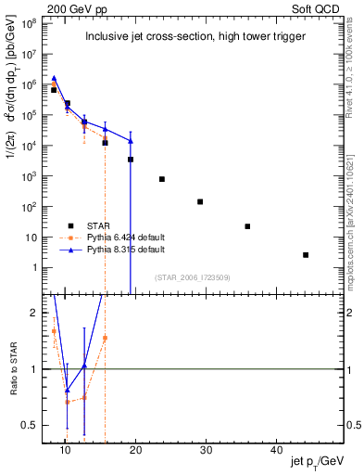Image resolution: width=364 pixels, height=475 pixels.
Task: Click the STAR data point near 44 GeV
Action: [306, 255]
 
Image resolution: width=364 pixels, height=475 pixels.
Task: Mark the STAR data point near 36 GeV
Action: [247, 226]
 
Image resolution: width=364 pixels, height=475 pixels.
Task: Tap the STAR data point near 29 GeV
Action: [200, 201]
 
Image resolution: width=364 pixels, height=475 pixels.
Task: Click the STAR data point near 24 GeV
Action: [162, 179]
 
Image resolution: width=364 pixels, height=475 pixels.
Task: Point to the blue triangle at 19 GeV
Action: [131, 141]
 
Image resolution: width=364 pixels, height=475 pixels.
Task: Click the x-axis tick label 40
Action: [276, 450]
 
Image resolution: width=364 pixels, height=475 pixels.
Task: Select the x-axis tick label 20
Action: [135, 450]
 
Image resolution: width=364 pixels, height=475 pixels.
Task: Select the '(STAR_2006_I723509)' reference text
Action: [192, 276]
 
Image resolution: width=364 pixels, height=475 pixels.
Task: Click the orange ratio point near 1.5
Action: [105, 338]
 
